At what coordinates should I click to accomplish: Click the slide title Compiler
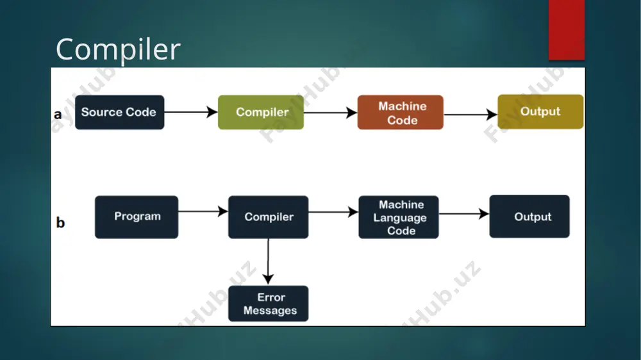[118, 50]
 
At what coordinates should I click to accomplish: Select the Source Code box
[120, 112]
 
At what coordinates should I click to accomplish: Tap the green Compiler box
[261, 112]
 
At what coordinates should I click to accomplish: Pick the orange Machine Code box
[400, 112]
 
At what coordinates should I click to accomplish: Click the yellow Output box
[540, 111]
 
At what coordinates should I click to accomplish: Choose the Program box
[137, 217]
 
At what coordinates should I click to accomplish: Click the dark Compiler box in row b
[268, 217]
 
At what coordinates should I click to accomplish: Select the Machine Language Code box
[399, 217]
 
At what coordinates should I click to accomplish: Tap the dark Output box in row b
[529, 216]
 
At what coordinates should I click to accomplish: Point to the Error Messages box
[268, 304]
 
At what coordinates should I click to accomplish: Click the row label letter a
[58, 115]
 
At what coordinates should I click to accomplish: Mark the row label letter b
[60, 222]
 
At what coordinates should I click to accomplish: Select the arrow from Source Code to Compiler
[191, 112]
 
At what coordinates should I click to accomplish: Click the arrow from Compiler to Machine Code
[330, 112]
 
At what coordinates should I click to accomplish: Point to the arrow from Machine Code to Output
[470, 115]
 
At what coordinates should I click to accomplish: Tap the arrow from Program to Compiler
[203, 211]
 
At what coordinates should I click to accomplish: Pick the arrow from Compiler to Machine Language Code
[333, 211]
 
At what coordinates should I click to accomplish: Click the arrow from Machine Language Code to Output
[464, 213]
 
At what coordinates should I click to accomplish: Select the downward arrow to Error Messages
[268, 261]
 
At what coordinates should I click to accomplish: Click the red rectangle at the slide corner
[567, 30]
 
